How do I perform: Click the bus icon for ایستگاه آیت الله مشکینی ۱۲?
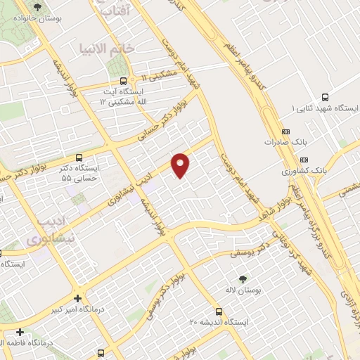pos(124,81)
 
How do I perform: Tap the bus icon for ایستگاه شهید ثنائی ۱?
pos(325,98)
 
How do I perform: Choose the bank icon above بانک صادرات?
pos(285,131)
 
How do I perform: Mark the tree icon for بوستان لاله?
pos(243,279)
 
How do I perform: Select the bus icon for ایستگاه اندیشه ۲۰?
pos(220,310)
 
